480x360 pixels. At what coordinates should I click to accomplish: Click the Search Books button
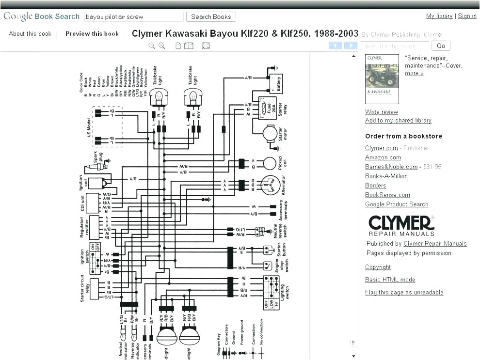click(211, 16)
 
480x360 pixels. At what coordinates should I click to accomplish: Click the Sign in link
click(467, 16)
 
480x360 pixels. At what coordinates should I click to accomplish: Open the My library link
click(439, 16)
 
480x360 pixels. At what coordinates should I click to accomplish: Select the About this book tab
click(30, 34)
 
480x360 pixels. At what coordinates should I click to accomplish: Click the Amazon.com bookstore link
click(383, 157)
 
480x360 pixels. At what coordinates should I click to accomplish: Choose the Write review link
click(382, 112)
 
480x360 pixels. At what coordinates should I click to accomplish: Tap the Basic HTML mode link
click(390, 280)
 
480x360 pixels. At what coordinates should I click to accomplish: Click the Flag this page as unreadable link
click(404, 292)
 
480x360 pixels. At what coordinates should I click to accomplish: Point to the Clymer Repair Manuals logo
click(401, 225)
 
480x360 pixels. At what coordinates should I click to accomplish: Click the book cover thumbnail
click(382, 79)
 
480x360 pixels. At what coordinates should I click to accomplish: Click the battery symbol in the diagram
click(275, 83)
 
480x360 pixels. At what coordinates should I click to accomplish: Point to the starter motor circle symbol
click(270, 133)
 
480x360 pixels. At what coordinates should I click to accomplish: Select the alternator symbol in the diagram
click(270, 185)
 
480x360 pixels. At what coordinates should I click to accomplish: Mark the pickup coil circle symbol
click(270, 163)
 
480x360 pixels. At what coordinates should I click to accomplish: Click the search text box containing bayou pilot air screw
click(134, 16)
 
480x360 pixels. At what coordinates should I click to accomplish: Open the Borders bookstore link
click(375, 186)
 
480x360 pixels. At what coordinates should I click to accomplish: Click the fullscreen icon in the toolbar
click(206, 46)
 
